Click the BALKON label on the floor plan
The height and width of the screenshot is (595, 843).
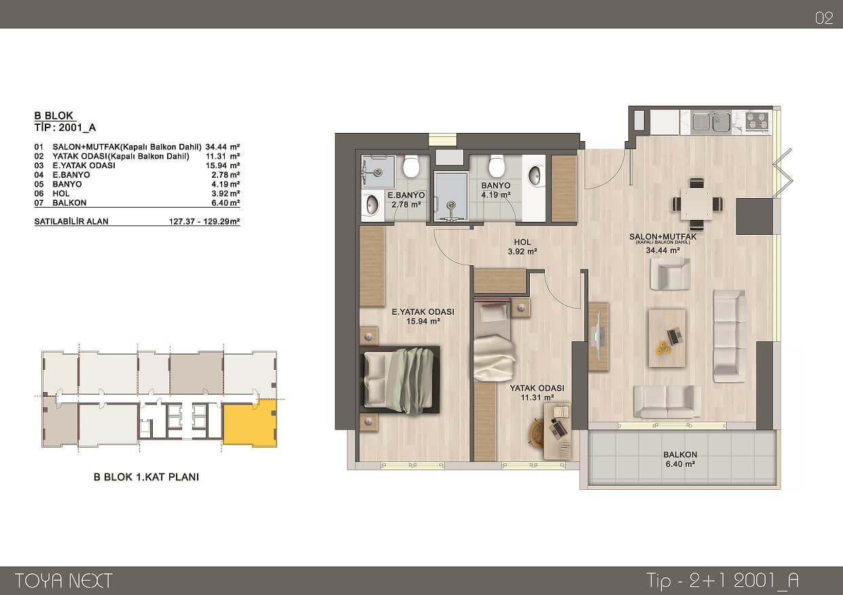click(x=680, y=455)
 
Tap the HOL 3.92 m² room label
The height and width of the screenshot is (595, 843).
click(x=522, y=247)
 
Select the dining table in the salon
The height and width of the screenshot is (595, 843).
click(x=696, y=204)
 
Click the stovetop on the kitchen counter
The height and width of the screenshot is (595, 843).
click(x=757, y=121)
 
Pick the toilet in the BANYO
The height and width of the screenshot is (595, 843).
click(x=497, y=165)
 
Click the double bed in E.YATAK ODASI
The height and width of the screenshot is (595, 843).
click(x=399, y=380)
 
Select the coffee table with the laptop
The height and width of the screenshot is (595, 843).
click(x=667, y=338)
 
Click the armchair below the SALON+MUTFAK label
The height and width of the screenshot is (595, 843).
click(x=670, y=274)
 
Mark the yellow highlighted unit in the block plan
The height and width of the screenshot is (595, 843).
click(x=250, y=423)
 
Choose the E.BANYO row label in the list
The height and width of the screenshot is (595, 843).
click(x=71, y=175)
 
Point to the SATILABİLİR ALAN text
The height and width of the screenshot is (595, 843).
click(x=71, y=221)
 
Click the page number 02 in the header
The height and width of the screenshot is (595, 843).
click(x=824, y=18)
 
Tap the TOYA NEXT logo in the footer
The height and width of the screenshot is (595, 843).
click(x=63, y=581)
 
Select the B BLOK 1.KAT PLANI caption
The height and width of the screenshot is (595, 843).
click(x=146, y=477)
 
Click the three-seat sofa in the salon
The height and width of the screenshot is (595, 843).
click(x=730, y=336)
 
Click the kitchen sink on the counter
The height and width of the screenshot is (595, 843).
click(x=711, y=121)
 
